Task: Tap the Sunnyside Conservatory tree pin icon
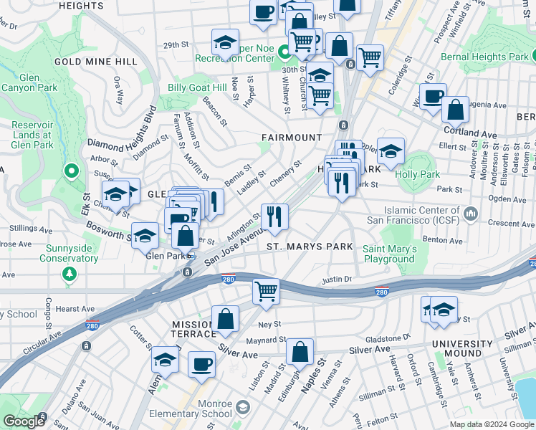coord(69,273)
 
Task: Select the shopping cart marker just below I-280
coord(266,291)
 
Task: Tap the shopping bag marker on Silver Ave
coord(300,352)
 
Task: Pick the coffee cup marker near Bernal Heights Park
coord(433,97)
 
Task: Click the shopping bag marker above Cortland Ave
coord(455,110)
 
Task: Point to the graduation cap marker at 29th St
coord(225,42)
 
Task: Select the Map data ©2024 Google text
coord(492,424)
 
